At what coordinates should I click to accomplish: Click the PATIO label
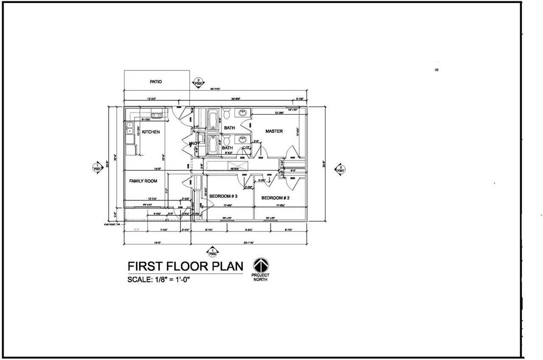(156, 82)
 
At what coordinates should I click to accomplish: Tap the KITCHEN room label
(151, 132)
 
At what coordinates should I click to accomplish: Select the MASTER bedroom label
(274, 131)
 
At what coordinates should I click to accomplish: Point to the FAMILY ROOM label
(143, 181)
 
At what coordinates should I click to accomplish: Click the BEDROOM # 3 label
(223, 196)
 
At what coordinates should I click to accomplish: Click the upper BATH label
(230, 128)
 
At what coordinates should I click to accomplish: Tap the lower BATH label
(227, 148)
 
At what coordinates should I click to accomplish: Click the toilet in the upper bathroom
(227, 114)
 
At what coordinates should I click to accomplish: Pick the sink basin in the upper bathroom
(242, 113)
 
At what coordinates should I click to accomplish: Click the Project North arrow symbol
(261, 266)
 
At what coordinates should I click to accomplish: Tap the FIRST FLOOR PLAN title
(185, 266)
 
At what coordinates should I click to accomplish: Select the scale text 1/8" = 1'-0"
(161, 280)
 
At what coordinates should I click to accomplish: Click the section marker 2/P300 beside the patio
(198, 82)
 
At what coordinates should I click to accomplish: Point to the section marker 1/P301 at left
(97, 167)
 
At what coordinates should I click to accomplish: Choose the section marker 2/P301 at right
(341, 169)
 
